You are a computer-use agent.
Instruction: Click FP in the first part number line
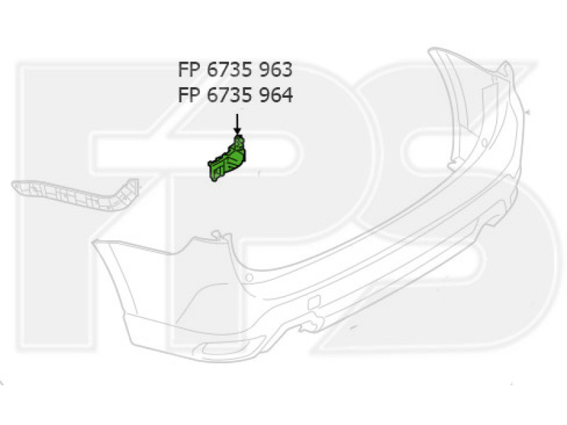tap(189, 69)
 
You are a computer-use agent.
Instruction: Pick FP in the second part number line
tap(189, 96)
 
